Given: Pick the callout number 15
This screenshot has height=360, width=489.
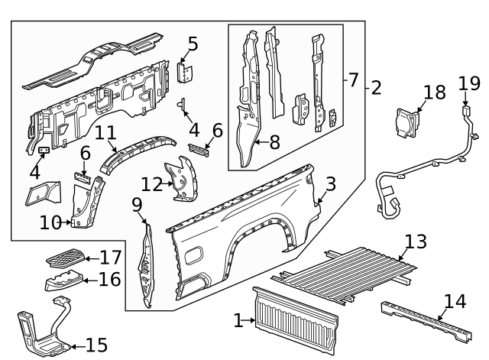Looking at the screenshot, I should pos(96,345).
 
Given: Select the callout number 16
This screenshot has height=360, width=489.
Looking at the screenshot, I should pos(109,279).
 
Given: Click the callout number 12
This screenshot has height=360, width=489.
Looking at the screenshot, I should pos(151,184).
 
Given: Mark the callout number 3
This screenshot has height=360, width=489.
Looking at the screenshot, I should pos(330,183).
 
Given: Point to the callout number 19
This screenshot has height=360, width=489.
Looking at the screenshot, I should pos(468,83).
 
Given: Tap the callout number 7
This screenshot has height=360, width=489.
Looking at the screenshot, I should pos(354,79).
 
